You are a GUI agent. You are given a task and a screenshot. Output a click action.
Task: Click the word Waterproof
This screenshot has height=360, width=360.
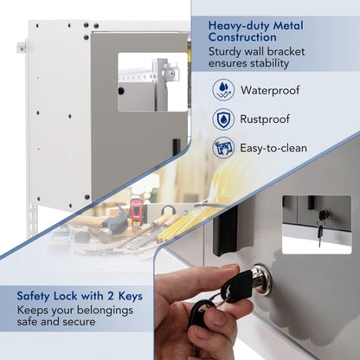point(270,90)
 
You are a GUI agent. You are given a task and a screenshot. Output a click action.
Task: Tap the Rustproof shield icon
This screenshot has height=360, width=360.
point(223,119)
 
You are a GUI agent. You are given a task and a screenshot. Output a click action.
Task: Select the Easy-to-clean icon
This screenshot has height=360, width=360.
point(223,148)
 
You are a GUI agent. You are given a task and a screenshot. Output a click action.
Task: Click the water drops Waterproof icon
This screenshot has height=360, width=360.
point(223,90)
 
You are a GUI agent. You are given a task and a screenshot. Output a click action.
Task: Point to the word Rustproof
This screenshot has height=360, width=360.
point(265,119)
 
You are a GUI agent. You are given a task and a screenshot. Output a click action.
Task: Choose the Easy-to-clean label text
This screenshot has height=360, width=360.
point(273,148)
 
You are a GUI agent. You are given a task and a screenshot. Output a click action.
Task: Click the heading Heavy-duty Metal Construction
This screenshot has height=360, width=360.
point(255,31)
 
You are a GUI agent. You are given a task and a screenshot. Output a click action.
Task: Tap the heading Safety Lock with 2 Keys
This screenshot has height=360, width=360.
point(80,296)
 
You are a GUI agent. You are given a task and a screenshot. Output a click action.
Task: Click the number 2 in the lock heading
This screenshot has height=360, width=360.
point(111,296)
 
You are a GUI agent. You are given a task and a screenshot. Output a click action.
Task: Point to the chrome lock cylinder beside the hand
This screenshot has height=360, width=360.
point(261,279)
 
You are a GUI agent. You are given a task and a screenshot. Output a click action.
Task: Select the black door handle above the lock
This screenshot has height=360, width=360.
point(225,232)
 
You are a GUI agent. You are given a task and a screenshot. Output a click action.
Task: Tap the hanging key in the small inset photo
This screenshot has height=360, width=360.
point(320,235)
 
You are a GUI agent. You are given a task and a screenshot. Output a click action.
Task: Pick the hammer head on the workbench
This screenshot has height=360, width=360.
point(115,223)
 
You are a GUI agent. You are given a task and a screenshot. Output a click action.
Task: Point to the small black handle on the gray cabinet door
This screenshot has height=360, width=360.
point(177,147)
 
